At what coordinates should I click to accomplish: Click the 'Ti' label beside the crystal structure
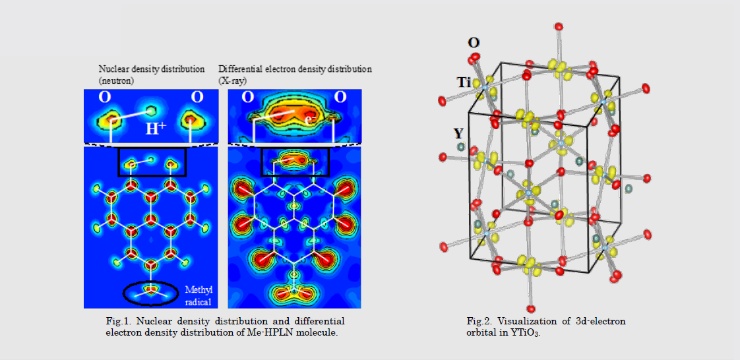pos(464,83)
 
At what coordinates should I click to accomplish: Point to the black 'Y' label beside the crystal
pos(458,134)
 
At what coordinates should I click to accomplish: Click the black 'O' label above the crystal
pos(474,43)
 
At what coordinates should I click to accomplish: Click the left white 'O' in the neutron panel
pos(104,97)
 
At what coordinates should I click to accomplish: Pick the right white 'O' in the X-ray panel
pos(340,97)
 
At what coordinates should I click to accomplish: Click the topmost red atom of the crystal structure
pos(559,26)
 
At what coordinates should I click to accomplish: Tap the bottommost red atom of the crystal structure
pos(532,309)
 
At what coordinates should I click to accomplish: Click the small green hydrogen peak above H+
pos(151,111)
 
